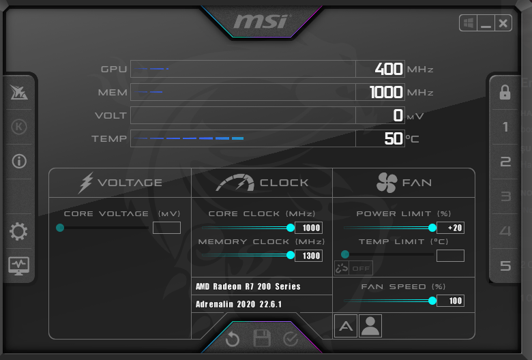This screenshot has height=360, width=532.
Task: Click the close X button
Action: (x=503, y=23)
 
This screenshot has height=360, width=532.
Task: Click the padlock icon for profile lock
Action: (x=505, y=92)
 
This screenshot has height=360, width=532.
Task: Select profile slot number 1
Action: (x=505, y=127)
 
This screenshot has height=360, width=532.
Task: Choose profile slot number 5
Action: (x=505, y=266)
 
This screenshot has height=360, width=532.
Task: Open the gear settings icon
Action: (x=18, y=231)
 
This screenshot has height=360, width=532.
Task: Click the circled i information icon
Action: (x=19, y=161)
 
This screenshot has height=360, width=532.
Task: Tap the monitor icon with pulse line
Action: (x=18, y=266)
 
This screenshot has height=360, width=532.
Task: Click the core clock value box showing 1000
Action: (x=308, y=228)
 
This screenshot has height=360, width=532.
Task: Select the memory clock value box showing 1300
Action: (x=308, y=256)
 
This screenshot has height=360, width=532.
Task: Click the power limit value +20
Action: (x=450, y=228)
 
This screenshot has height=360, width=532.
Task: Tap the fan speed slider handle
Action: (x=432, y=301)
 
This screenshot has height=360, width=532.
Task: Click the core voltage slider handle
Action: (x=60, y=228)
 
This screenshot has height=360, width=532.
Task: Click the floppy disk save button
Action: (x=262, y=338)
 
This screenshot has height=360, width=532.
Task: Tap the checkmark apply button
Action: (x=291, y=339)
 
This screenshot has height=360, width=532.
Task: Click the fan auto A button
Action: (x=346, y=326)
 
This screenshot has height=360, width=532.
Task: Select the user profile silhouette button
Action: (x=370, y=326)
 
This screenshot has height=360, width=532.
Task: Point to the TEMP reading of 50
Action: (x=394, y=138)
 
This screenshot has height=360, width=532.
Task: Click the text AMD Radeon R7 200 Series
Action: (x=248, y=286)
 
